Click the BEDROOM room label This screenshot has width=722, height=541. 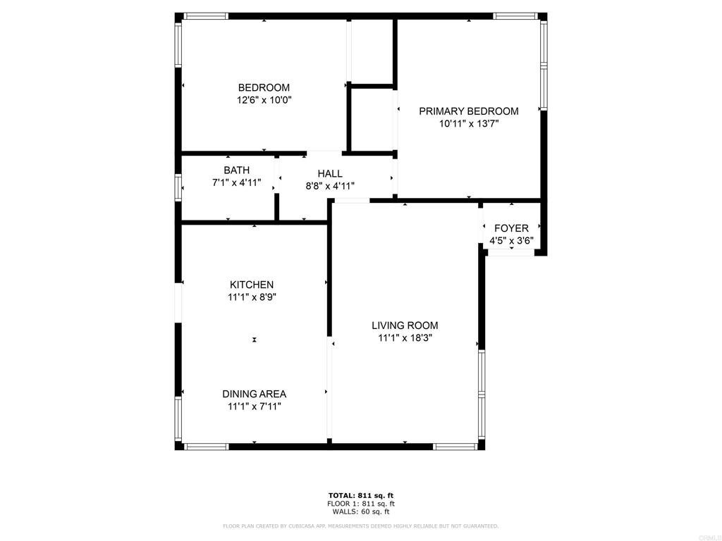(264, 87)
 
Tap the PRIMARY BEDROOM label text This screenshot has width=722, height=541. (469, 111)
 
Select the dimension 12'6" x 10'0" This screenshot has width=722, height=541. (264, 100)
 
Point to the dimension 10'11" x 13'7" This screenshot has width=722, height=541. (469, 123)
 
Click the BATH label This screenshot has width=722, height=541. (237, 170)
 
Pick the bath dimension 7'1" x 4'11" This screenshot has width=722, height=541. (236, 182)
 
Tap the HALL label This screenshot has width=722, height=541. (330, 173)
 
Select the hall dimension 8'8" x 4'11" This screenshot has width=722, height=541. (330, 186)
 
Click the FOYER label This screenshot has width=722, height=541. (511, 228)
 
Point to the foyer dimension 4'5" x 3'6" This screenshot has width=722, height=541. (511, 241)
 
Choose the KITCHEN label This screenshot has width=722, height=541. (252, 285)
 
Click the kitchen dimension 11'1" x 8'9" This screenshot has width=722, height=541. (252, 297)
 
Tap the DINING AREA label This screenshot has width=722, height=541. (254, 394)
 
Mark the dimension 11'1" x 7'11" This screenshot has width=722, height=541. (254, 406)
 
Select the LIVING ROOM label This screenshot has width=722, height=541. (405, 325)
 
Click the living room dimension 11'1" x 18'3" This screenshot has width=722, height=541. (405, 338)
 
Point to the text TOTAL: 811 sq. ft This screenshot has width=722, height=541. (361, 495)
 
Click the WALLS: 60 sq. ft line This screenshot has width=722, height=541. (361, 511)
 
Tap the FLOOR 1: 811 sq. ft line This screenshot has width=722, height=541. (361, 504)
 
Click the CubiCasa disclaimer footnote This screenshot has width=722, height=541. (360, 526)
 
